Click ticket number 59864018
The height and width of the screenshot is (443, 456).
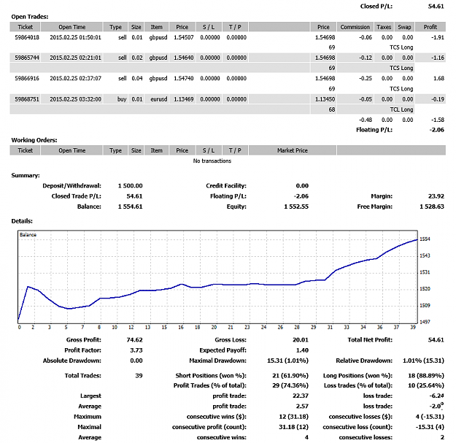27,37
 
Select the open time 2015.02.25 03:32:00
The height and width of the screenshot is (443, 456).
75,99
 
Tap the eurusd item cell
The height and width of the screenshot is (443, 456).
159,99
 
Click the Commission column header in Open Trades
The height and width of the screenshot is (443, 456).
355,27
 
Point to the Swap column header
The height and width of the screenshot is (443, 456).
404,27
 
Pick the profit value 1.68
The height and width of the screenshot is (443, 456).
438,78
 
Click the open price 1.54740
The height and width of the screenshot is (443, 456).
184,78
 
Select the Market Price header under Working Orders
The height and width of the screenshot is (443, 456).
293,150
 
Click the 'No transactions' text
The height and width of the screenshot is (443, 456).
212,161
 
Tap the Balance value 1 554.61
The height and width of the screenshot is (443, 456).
131,207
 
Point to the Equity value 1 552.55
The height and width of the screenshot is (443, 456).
296,207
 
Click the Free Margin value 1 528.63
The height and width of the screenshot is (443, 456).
432,207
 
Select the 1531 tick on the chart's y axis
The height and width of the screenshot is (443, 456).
425,272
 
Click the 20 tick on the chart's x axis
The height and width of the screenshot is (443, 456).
214,327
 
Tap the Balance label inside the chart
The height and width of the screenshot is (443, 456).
28,235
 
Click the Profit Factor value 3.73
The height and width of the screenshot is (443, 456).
136,350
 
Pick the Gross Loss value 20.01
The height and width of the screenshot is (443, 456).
301,340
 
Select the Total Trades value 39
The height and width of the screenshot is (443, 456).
139,376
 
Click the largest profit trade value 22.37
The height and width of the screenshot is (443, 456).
301,396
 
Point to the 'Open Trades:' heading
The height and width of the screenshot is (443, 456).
30,17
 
